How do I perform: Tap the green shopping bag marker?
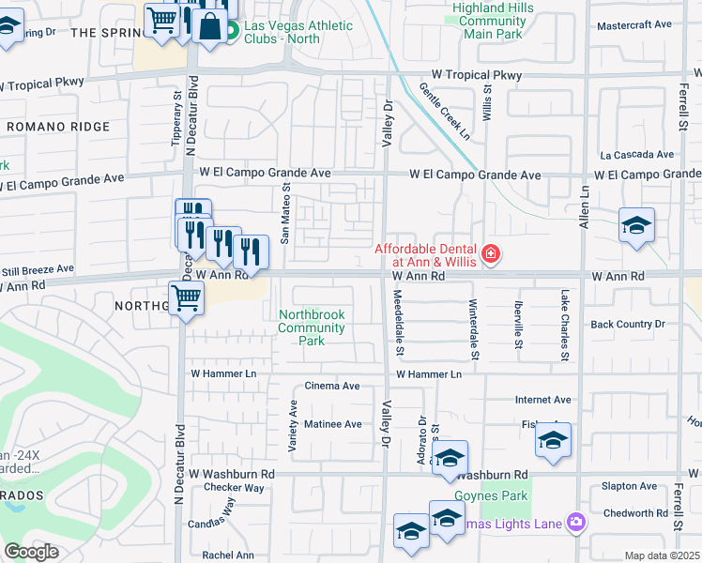click(x=209, y=27)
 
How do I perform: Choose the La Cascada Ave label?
click(x=637, y=154)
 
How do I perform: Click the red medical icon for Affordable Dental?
click(x=489, y=253)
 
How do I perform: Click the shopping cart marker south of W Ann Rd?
click(x=187, y=298)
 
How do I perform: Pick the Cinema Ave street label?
click(x=332, y=386)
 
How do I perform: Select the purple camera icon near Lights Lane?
click(x=575, y=522)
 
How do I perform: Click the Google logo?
click(x=31, y=552)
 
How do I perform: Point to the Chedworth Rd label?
click(x=635, y=513)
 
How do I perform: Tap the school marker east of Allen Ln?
click(x=636, y=226)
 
